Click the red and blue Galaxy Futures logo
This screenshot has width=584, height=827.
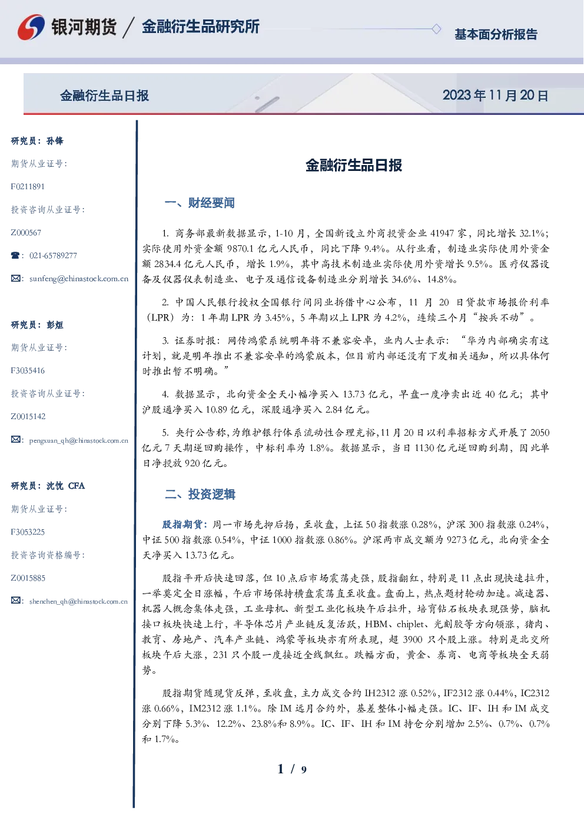coord(31,27)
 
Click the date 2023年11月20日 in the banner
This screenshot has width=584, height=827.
coord(495,95)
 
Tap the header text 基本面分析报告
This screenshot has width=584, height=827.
coord(496,34)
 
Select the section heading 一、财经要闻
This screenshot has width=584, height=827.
coord(200,203)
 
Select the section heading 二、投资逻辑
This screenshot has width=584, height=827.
coord(200,494)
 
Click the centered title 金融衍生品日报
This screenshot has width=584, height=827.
coord(354,165)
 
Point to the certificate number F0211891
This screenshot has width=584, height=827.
coord(28,186)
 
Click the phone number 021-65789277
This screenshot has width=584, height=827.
coord(53,255)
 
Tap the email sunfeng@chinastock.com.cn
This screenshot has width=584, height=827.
coord(79,279)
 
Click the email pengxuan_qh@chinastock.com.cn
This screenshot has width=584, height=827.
coord(78,440)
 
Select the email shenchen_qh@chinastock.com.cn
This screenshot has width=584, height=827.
coord(78,601)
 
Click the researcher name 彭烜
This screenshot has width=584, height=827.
coord(55,325)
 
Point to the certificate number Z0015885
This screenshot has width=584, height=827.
coord(28,578)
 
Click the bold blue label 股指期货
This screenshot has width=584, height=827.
coord(182,524)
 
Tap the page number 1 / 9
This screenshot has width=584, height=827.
coord(292,769)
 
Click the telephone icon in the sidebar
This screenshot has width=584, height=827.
coord(15,255)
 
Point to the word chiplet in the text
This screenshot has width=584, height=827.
coord(410,624)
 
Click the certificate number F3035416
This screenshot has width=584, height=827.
coord(28,370)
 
